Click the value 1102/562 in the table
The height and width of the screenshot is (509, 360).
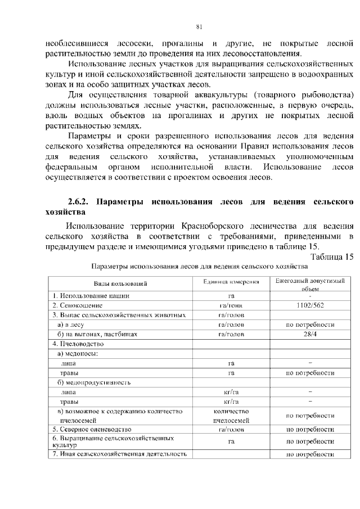pyautogui.click(x=310, y=305)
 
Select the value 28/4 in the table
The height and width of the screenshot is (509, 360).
pyautogui.click(x=310, y=334)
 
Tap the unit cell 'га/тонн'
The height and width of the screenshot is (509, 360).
pyautogui.click(x=231, y=305)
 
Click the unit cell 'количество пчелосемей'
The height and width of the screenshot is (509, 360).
pyautogui.click(x=231, y=416)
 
